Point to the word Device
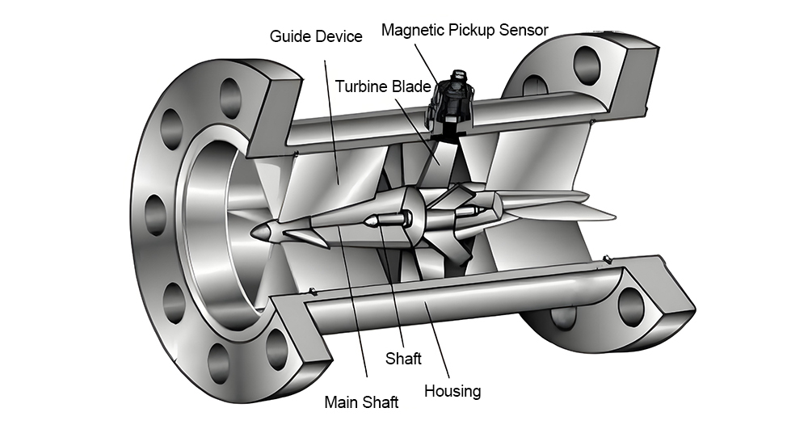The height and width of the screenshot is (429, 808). coord(339,36)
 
